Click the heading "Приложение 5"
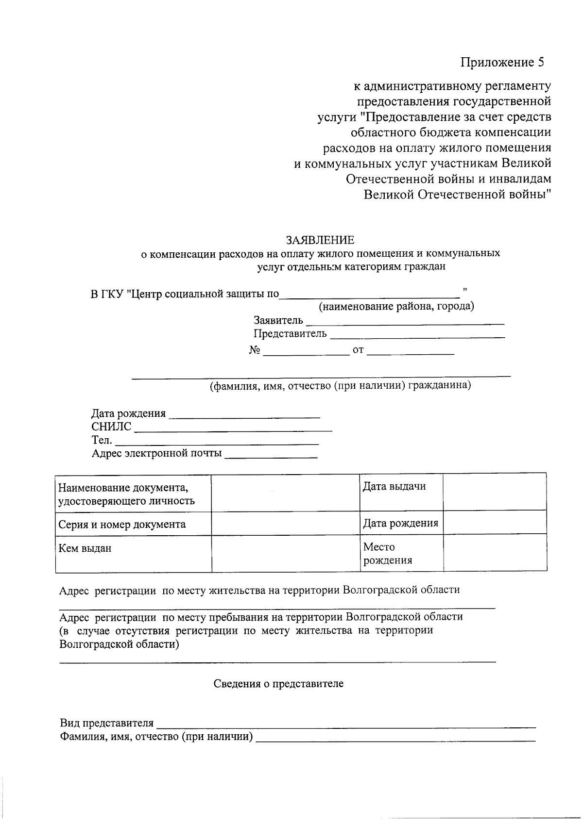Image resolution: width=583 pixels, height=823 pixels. [x=502, y=63]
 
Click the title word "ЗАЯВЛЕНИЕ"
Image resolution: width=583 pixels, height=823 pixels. [x=320, y=240]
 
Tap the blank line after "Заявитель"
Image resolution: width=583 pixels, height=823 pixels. [x=405, y=321]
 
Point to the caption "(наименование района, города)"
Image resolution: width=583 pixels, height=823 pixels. [x=396, y=306]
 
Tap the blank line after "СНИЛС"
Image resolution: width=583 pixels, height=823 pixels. [x=232, y=428]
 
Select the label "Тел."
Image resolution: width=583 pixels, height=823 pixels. [x=102, y=441]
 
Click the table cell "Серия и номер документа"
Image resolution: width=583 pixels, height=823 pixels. [x=122, y=525]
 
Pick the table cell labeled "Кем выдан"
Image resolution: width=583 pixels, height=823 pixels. [x=85, y=549]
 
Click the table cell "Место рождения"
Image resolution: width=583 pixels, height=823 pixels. [x=387, y=554]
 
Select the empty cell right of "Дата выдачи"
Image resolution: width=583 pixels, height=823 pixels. [x=494, y=492]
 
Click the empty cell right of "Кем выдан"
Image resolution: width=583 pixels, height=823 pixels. [x=285, y=553]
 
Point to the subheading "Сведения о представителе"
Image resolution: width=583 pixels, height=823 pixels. [x=278, y=684]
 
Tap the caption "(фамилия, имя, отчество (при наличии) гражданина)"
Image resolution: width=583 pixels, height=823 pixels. [x=340, y=386]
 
